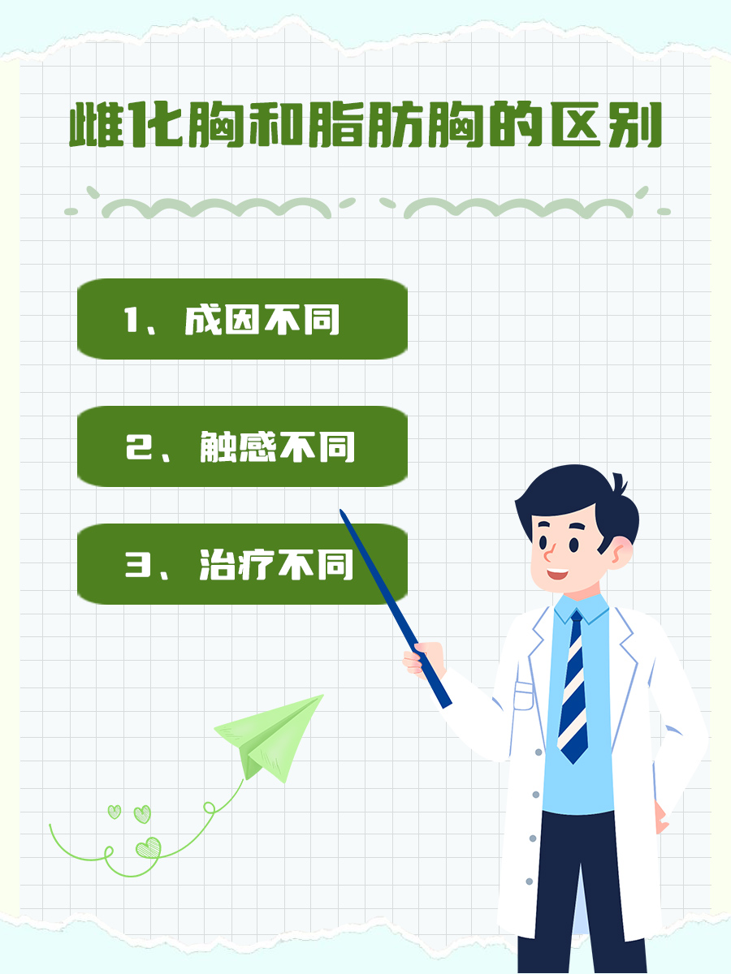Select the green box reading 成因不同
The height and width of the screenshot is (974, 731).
(242, 319)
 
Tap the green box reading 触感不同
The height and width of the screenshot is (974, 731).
(242, 446)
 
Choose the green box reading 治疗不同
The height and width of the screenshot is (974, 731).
(242, 564)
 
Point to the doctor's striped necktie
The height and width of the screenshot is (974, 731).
(573, 690)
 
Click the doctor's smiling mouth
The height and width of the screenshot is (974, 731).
(557, 574)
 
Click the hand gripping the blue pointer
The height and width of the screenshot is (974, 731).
(424, 657)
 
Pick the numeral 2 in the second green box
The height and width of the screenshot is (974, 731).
(135, 447)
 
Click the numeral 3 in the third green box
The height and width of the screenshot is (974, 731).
(135, 565)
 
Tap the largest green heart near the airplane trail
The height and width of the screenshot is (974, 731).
(148, 848)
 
